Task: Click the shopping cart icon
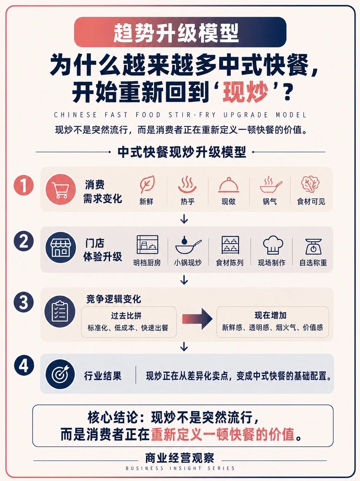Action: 61,190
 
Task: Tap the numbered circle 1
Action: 24,185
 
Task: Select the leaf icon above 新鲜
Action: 147,184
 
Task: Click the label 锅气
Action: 270,201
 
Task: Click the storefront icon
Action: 61,248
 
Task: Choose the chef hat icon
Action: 273,245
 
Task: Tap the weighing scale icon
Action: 314,246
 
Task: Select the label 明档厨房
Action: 147,263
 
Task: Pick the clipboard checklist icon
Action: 59,311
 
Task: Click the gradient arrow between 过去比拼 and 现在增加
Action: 197,319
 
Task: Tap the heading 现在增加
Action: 270,315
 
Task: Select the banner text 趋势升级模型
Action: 176,33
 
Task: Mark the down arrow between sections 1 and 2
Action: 184,219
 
